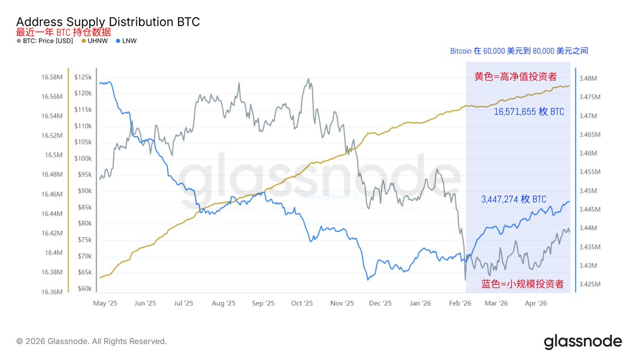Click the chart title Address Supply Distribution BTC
108,22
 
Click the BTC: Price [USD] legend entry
48,41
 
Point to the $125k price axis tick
83,78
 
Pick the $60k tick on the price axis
84,289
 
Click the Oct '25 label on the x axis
302,303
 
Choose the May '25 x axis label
105,303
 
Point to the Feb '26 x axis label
460,303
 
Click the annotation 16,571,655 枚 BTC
529,112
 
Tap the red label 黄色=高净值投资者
515,77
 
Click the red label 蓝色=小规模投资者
522,284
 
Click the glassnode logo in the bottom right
583,341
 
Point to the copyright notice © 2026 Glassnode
92,341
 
